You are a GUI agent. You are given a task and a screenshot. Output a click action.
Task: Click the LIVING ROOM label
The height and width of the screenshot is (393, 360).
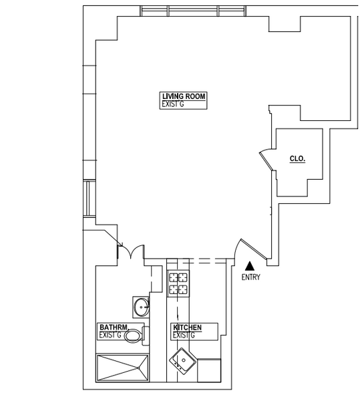(x=183, y=97)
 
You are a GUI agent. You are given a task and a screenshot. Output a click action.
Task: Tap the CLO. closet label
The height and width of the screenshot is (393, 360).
(x=297, y=159)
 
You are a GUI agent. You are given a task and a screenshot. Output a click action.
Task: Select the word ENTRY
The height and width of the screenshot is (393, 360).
(x=251, y=277)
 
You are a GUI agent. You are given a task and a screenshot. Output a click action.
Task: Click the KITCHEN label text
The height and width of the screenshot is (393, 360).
(x=189, y=327)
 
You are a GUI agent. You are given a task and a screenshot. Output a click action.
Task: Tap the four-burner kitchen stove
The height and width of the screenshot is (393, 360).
(x=178, y=283)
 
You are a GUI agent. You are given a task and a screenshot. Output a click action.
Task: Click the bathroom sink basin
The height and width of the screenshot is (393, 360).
(x=142, y=307)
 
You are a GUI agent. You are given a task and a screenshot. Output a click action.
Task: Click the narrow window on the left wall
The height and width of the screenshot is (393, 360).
(x=86, y=199)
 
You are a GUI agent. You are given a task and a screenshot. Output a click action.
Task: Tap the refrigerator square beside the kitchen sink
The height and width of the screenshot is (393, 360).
(x=210, y=370)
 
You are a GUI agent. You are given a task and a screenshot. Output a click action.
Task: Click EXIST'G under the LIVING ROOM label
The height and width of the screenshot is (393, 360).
(x=173, y=105)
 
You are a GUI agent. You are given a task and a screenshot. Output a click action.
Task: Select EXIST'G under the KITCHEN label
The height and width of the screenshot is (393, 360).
(x=183, y=336)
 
